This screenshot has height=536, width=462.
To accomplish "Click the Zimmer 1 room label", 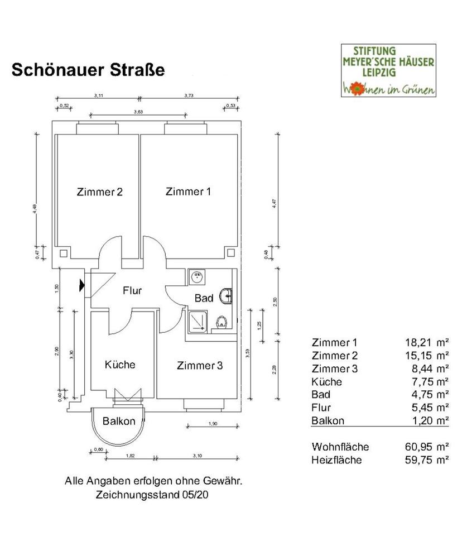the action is pyautogui.click(x=188, y=192).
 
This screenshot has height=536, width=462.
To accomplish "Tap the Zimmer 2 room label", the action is pyautogui.click(x=99, y=192).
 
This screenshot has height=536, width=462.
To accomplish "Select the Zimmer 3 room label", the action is pyautogui.click(x=200, y=366).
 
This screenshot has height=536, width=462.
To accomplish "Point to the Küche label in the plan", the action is pyautogui.click(x=120, y=365).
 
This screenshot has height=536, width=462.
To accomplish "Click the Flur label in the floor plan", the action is pyautogui.click(x=132, y=290).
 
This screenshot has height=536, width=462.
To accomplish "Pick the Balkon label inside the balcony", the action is pyautogui.click(x=119, y=421).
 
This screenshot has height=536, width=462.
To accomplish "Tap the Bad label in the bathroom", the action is pyautogui.click(x=204, y=298).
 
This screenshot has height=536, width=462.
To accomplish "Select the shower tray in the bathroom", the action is pyautogui.click(x=196, y=320).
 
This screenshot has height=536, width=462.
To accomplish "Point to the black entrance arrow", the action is pyautogui.click(x=82, y=285).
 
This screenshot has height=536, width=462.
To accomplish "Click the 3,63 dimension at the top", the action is pyautogui.click(x=139, y=112).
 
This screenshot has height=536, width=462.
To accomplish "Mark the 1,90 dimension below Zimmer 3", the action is pyautogui.click(x=213, y=424).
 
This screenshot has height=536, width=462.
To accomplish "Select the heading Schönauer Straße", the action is pyautogui.click(x=88, y=71).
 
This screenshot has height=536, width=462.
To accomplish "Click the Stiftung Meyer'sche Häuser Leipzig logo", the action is pyautogui.click(x=389, y=71).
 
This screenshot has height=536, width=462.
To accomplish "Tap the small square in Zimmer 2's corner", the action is pyautogui.click(x=63, y=253).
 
